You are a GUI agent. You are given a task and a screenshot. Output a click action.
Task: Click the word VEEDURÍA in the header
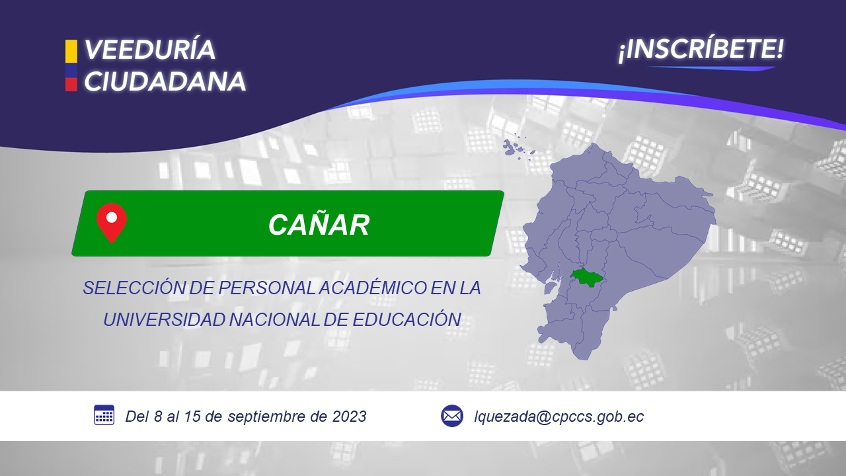[x=149, y=50]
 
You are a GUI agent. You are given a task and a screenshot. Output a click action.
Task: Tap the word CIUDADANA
[x=165, y=81]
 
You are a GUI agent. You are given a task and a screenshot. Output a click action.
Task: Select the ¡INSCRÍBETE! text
[x=701, y=50]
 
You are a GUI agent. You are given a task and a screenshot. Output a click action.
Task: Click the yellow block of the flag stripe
[x=71, y=52]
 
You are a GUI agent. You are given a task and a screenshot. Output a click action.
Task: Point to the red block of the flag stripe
[x=71, y=84]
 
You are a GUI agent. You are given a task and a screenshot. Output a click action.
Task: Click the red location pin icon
[x=112, y=223]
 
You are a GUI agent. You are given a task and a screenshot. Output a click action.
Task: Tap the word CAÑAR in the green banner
[x=319, y=225]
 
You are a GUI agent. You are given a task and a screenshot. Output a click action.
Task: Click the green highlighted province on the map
[x=586, y=277]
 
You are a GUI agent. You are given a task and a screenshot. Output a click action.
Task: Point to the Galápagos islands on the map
[x=518, y=147]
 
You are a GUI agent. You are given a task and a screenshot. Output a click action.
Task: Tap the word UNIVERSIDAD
[x=165, y=319]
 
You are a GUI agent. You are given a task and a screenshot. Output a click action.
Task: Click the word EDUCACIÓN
[x=406, y=319]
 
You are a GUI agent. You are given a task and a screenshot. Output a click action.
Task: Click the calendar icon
[x=104, y=415]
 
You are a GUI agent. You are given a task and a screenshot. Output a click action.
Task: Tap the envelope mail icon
[x=452, y=416]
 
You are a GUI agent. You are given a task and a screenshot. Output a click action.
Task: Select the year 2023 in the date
[x=350, y=416]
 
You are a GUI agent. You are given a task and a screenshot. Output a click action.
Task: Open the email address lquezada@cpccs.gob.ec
[x=559, y=416]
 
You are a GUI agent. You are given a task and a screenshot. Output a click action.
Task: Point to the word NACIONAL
[x=274, y=319]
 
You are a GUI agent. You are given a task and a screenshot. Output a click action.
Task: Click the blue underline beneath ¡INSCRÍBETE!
[x=712, y=68]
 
